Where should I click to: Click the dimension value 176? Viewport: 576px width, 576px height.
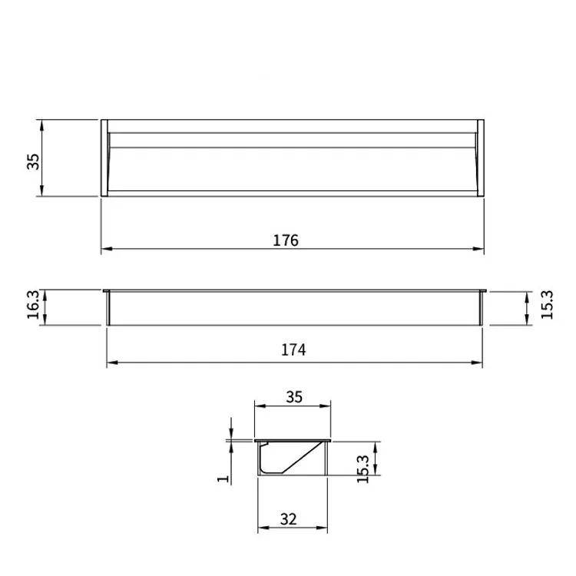point(286,240)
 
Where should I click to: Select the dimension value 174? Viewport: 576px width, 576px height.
point(293,349)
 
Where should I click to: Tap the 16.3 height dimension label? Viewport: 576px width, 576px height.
point(33,305)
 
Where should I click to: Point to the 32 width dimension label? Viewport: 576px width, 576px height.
point(288,519)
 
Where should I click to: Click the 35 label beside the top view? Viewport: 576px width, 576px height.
point(33,161)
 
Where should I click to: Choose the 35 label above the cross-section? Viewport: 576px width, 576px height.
point(294,397)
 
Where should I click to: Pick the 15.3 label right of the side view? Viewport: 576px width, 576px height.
point(547,305)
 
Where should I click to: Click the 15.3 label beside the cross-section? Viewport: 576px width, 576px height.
point(362,469)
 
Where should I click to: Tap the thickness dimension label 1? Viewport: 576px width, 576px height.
point(223,478)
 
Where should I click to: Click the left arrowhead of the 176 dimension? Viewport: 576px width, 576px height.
point(107,249)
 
